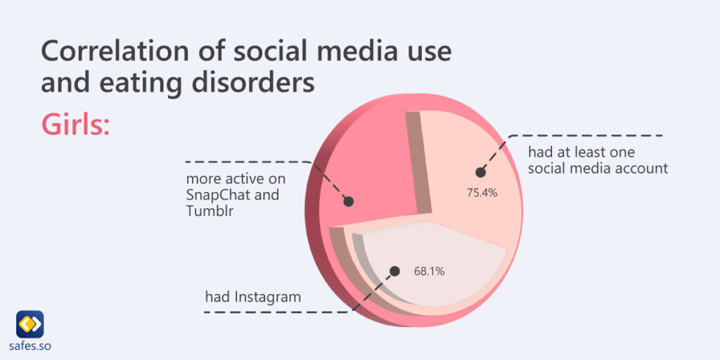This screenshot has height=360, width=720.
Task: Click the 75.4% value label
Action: [482, 192]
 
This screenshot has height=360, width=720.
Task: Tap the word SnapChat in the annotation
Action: [217, 195]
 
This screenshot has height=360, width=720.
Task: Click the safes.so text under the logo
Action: [30, 346]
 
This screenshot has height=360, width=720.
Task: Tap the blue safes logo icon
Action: [30, 323]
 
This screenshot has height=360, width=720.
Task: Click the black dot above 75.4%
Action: [481, 172]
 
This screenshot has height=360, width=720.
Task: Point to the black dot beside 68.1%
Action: [394, 271]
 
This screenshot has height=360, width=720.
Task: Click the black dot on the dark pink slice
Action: [348, 202]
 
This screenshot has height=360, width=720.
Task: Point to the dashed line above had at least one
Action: [591, 135]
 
